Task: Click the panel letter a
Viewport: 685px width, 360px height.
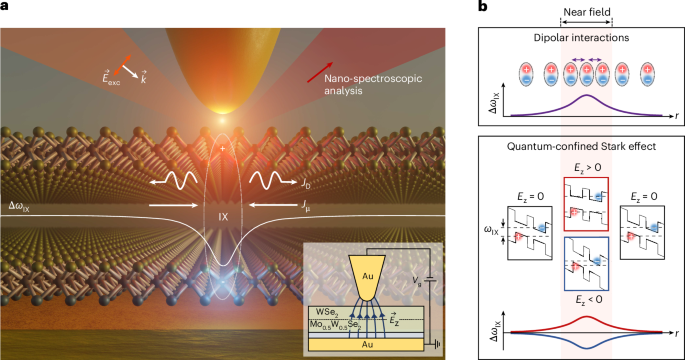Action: coord(6,7)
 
